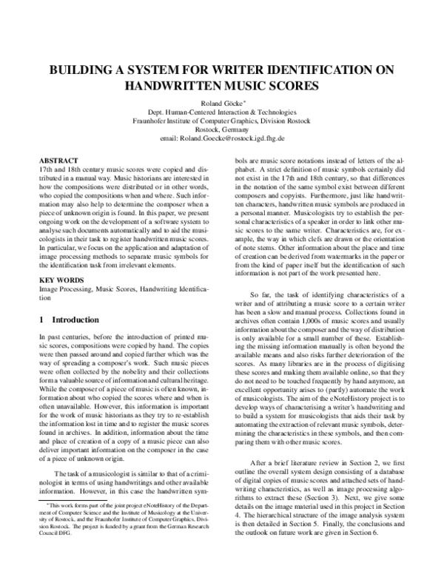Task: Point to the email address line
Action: click(222, 138)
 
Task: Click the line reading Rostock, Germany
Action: click(222, 129)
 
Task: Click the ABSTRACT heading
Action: click(58, 160)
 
